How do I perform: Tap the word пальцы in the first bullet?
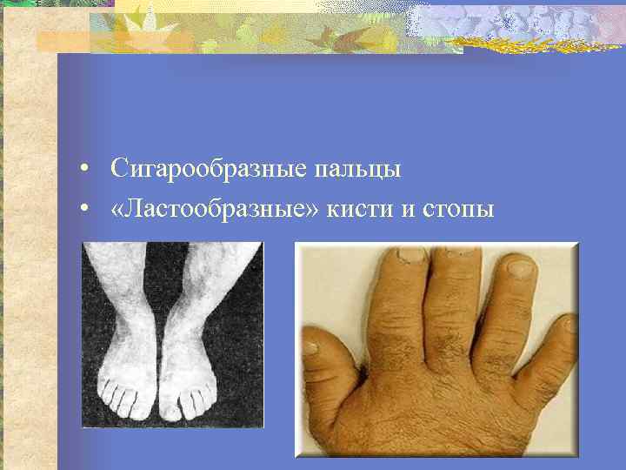pos(354,170)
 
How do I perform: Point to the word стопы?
pos(460,210)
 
